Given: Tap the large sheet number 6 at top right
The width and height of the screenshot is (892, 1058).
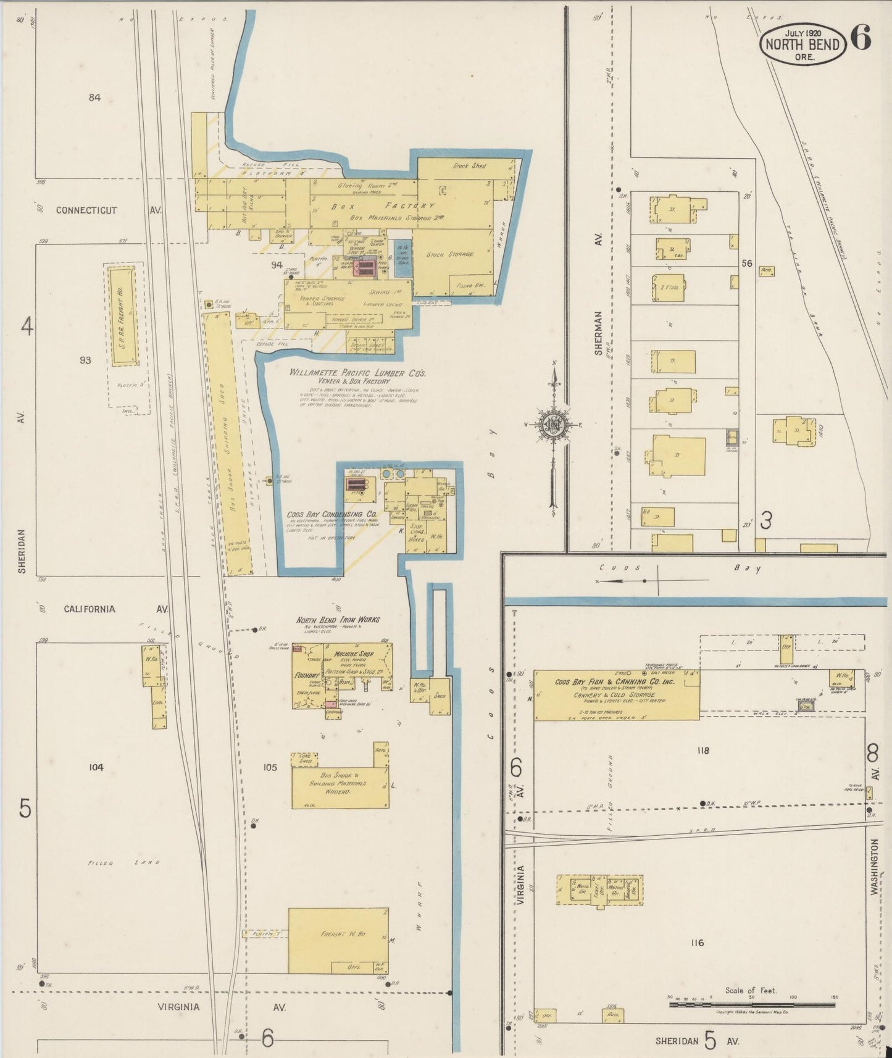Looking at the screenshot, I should tap(861, 38).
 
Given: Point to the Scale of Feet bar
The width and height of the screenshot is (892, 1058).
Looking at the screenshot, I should tap(751, 1005).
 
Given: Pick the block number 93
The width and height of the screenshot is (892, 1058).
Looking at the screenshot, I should tap(85, 360).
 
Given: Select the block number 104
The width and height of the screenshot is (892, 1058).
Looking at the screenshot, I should tap(96, 767).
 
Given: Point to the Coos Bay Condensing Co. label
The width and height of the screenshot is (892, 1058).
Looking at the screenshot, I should tap(331, 514).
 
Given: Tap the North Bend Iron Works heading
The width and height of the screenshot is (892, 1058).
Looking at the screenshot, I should tap(338, 620).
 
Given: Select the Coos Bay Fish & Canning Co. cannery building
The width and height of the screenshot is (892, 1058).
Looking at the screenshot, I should tap(616, 694).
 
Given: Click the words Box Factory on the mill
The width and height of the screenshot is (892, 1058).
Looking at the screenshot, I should tap(383, 206).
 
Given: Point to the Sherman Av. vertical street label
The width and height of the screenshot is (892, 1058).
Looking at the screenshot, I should tap(598, 333).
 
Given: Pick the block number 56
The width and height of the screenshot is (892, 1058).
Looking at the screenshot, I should tap(747, 263).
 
